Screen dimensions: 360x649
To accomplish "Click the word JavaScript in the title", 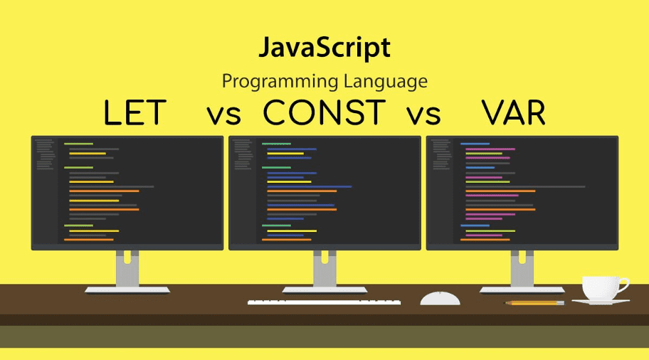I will (x=324, y=48).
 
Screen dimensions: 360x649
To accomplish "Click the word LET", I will (x=135, y=114).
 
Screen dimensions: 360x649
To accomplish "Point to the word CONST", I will (x=324, y=114).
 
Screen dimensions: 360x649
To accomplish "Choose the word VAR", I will (x=513, y=114).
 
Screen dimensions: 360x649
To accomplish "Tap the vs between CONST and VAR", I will (x=424, y=115).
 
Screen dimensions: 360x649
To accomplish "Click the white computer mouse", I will (x=440, y=298).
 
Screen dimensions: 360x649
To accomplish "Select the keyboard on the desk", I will (x=324, y=302).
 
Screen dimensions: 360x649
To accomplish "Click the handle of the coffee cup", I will (x=623, y=285).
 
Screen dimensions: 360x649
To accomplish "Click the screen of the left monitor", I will (x=127, y=192).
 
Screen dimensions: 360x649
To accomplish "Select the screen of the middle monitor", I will (x=324, y=192).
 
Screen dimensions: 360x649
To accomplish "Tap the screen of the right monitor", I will (x=522, y=192).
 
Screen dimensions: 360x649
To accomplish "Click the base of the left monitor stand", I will (x=127, y=290).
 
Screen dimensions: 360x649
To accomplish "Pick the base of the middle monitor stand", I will (x=324, y=290).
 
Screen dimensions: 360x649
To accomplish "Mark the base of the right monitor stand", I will (x=522, y=290).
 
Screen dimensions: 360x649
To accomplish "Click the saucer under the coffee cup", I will (x=601, y=302).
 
